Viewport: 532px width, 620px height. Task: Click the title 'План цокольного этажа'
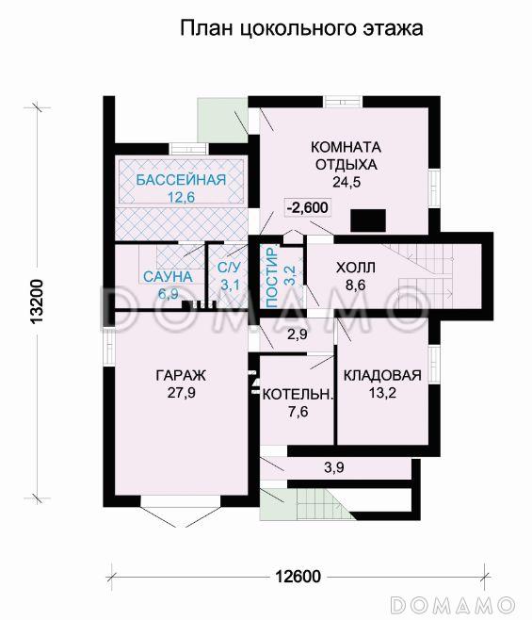point(301,29)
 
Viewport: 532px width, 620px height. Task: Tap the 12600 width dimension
point(298,577)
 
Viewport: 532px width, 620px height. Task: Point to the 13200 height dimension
point(37,302)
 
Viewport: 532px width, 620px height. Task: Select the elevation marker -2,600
point(308,207)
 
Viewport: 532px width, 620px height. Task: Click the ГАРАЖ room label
point(181,375)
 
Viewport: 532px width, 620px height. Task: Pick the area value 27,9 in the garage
point(182,393)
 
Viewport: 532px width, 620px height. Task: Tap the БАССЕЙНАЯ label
point(181,180)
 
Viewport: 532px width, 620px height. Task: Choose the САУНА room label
point(168,277)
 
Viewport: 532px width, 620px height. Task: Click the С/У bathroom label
point(229,268)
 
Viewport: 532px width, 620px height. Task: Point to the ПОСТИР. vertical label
point(271,278)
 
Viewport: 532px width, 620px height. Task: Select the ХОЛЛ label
point(356,268)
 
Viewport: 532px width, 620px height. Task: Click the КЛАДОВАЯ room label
point(382,375)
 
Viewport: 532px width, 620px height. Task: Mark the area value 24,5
point(347,182)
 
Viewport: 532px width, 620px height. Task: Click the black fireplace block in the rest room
point(368,220)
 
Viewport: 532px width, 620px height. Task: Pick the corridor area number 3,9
point(334,467)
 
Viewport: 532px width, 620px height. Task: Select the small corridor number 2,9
point(298,334)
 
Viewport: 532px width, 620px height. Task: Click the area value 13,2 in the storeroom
point(382,393)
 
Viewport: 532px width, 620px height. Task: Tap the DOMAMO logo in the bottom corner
point(453,605)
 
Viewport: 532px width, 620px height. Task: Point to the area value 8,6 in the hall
point(355,285)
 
